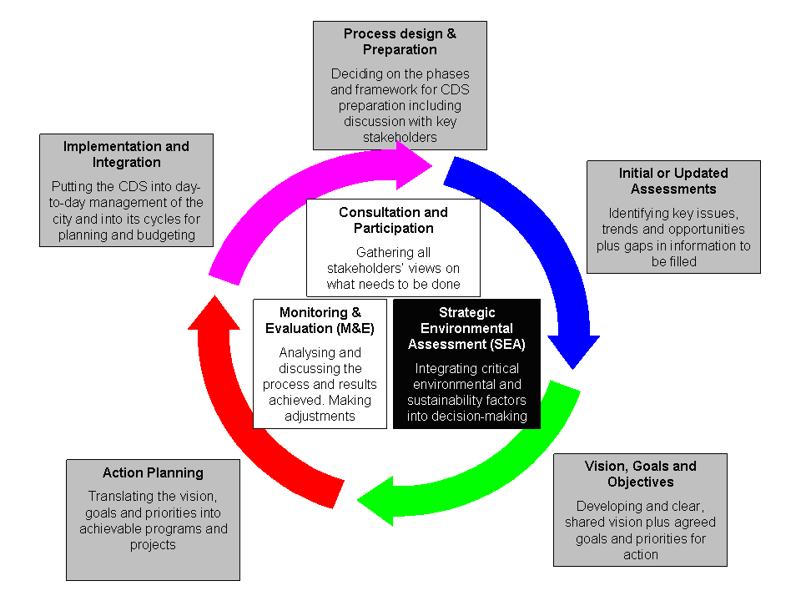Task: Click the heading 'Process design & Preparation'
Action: click(x=400, y=42)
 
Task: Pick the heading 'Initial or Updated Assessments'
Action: click(x=673, y=181)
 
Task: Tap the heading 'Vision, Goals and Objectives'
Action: click(x=640, y=474)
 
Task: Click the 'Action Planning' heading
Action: click(x=153, y=472)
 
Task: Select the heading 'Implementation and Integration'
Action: click(x=126, y=154)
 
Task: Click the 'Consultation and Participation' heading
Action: click(x=393, y=220)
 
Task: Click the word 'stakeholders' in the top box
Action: click(x=400, y=137)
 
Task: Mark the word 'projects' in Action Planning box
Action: click(x=153, y=544)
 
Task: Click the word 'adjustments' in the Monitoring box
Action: click(x=320, y=416)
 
